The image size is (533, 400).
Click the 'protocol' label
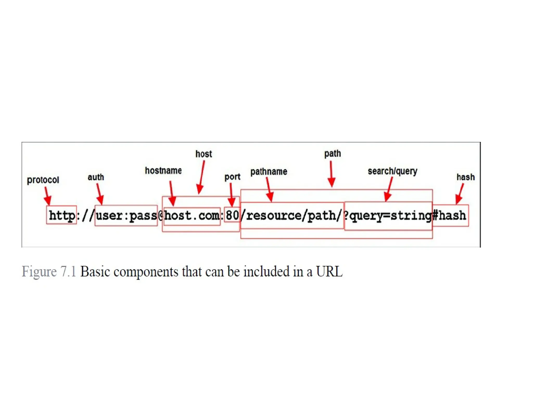click(x=43, y=180)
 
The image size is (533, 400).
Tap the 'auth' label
click(x=96, y=177)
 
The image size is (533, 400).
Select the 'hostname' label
click(x=163, y=171)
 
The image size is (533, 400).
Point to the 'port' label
click(x=232, y=177)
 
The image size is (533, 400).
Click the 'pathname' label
click(x=269, y=172)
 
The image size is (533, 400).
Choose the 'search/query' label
click(x=392, y=171)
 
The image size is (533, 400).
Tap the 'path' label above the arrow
click(x=332, y=154)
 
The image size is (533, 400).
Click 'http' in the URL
click(x=62, y=216)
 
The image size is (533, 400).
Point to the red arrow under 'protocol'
click(x=47, y=196)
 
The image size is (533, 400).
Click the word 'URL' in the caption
click(x=329, y=272)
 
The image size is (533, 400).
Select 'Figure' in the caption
click(x=39, y=272)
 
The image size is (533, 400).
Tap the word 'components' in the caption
click(x=145, y=272)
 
